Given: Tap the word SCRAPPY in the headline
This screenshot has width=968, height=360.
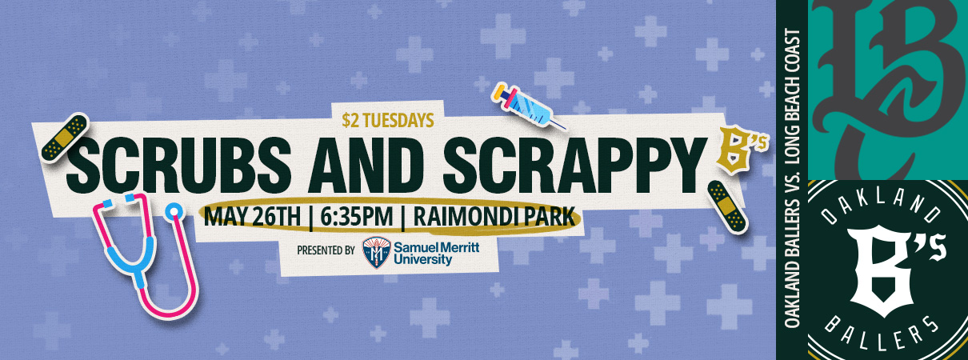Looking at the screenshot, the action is click(574, 165).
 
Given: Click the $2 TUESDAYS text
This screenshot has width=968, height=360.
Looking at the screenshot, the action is click(388, 121).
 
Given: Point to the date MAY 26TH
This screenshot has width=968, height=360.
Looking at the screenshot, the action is click(252, 217).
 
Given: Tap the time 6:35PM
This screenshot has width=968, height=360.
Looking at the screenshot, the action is click(357, 217).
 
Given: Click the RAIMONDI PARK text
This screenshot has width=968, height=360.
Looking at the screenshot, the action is click(494, 217).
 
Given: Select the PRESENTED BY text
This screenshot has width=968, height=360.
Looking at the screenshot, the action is click(326, 250).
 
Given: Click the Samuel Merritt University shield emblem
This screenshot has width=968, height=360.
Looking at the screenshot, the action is click(376, 252).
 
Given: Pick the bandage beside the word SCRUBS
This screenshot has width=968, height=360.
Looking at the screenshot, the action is click(66, 137).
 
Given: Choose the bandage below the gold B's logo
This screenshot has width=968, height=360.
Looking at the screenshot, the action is click(727, 207).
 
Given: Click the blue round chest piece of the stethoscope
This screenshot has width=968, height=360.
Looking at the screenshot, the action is click(174, 211).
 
